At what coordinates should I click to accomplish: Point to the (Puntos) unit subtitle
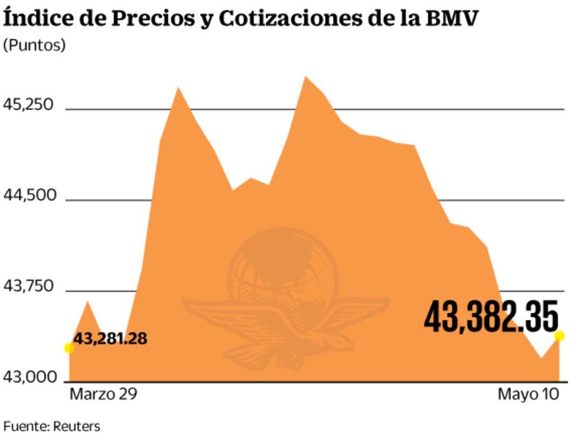(x=35, y=45)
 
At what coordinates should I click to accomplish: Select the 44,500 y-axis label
(x=29, y=196)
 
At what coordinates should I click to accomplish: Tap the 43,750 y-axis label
(x=29, y=286)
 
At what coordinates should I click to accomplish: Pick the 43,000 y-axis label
(x=29, y=376)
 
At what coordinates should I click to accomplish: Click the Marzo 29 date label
(x=103, y=395)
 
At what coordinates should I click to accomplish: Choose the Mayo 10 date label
(x=528, y=395)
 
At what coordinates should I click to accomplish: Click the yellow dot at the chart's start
(x=69, y=348)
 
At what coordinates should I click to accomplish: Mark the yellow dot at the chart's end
(x=559, y=335)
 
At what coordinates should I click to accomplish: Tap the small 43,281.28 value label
(x=111, y=337)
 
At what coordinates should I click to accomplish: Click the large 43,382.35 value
(x=491, y=318)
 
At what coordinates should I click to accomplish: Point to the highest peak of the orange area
(x=305, y=76)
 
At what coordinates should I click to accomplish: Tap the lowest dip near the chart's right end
(x=541, y=357)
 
